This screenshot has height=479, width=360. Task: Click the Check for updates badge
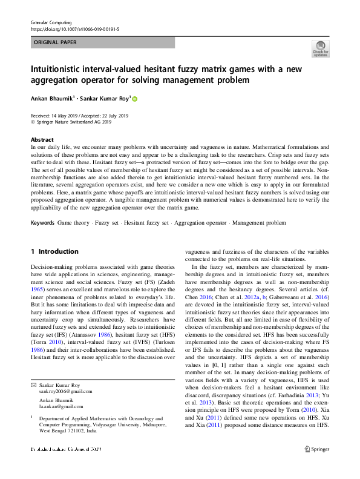[320, 48]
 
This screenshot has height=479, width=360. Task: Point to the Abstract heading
[42, 140]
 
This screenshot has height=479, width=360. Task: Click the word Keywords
[42, 223]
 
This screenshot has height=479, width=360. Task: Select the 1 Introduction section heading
[54, 251]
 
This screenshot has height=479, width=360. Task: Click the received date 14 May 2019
[67, 115]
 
